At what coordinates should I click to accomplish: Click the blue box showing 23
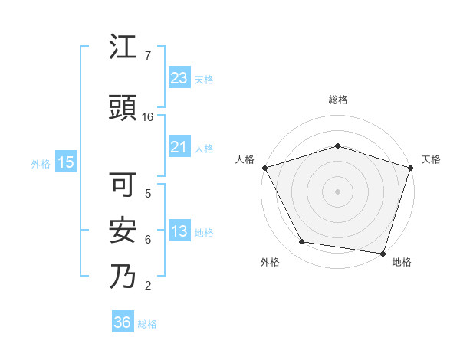[179, 77]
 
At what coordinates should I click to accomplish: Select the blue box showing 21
[179, 147]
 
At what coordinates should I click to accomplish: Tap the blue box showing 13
[179, 232]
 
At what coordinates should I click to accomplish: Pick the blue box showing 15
[65, 162]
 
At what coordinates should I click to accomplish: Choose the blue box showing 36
[123, 322]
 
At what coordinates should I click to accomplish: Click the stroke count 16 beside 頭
[148, 117]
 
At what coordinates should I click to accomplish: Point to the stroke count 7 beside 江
[148, 56]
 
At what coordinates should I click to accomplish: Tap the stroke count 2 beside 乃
[148, 286]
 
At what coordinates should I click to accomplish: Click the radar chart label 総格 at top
[337, 100]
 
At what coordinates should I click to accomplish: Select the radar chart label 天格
[432, 159]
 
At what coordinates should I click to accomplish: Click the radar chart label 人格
[245, 159]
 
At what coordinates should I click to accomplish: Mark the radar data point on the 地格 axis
[383, 253]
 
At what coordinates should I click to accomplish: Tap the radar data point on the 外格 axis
[302, 242]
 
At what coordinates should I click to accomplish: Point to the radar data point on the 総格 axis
[337, 146]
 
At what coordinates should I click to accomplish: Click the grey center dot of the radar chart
[337, 191]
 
